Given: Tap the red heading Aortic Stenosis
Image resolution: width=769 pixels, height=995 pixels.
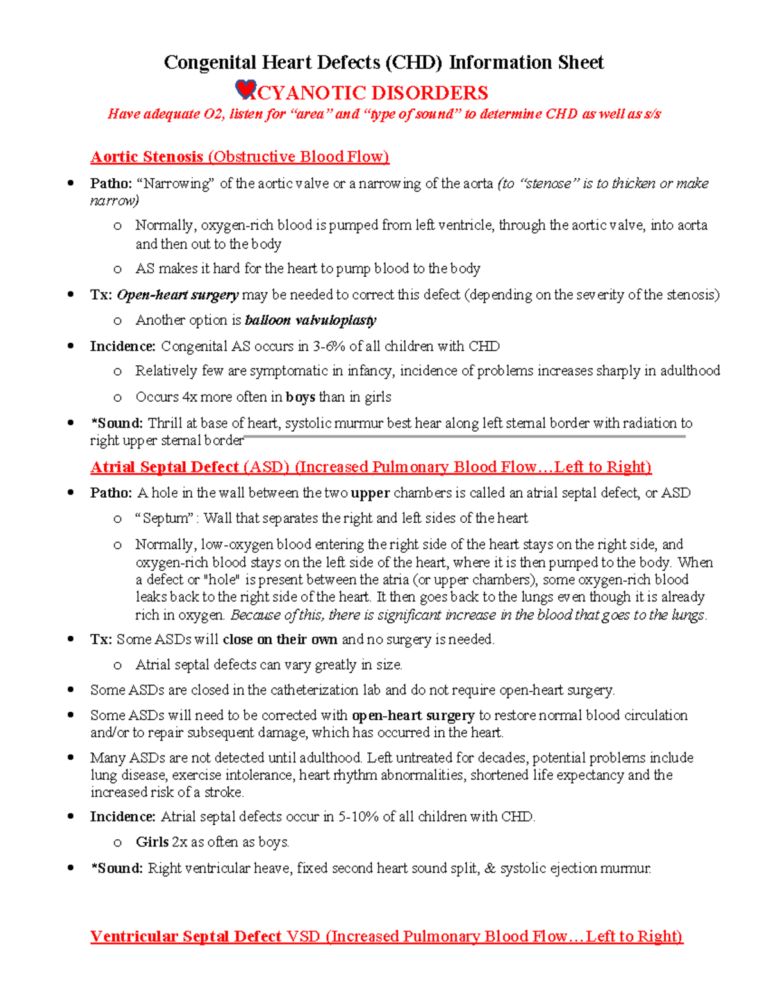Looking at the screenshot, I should point(147,157).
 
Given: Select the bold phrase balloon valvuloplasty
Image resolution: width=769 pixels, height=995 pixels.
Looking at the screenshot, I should point(310,320).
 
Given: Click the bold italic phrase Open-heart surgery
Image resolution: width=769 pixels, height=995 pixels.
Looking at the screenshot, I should point(178,295).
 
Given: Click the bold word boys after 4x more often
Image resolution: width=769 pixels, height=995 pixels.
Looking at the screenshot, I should point(300,397).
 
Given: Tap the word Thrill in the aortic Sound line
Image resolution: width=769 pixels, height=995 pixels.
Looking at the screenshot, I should point(163,423).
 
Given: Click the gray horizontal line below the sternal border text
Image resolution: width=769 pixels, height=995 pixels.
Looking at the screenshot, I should point(465,437).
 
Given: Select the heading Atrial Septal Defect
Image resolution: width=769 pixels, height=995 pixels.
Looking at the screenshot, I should point(165,467).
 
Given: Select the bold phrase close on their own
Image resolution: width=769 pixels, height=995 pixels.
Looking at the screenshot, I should point(280,639).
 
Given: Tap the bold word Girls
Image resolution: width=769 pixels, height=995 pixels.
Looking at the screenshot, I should point(152,842).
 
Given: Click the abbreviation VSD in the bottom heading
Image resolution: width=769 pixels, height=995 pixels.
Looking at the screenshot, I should point(303,937).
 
